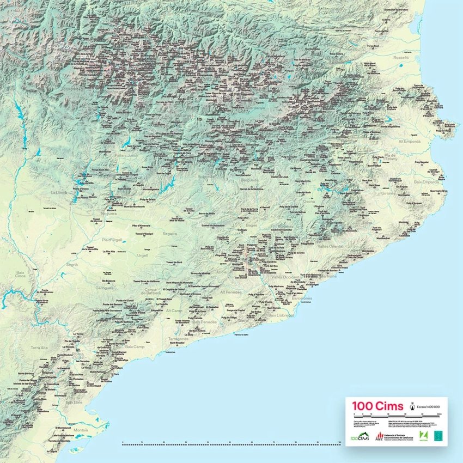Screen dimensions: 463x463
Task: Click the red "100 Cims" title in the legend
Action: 377,406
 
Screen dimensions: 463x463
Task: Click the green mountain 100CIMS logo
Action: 356,435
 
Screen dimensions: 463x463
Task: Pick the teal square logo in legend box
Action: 438,435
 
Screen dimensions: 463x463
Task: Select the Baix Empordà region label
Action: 426,182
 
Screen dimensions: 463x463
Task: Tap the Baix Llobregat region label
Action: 281,315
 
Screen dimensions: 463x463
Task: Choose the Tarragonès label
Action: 178,338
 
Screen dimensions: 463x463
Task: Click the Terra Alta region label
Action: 40,347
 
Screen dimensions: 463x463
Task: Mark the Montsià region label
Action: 80,430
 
